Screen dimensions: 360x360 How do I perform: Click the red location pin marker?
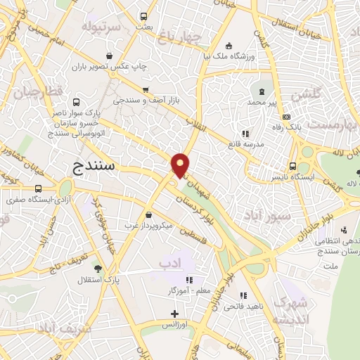(x=181, y=165)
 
